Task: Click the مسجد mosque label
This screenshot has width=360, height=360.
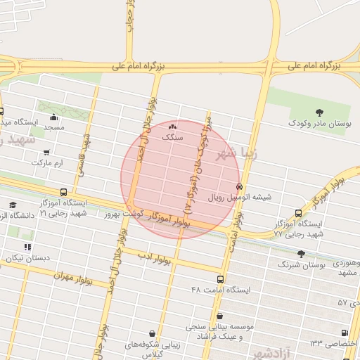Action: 53,127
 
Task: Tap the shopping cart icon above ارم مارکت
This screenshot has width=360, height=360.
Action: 46,152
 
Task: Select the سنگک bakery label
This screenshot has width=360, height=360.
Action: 172,138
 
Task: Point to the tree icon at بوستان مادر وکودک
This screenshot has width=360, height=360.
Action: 321,112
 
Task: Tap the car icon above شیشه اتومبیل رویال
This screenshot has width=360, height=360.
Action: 240,187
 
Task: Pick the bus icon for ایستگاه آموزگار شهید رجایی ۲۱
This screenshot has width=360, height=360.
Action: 64,192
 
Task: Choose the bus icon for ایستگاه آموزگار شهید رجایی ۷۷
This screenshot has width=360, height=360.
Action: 299,213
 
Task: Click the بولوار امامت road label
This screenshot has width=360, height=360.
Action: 231,236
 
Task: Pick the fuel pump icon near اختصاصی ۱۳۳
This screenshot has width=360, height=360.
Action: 344,333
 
